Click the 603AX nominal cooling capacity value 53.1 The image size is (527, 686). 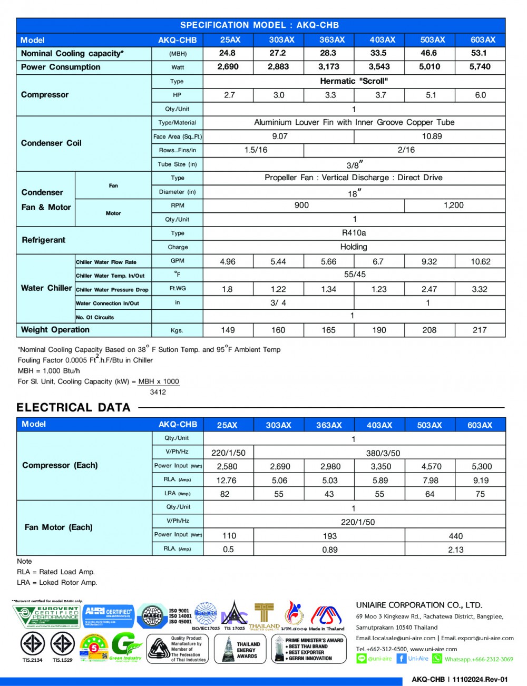(x=479, y=53)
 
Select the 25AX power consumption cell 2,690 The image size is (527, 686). (x=228, y=67)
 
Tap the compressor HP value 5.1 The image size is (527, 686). (x=431, y=95)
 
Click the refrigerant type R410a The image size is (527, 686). (x=354, y=233)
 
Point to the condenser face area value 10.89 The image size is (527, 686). (x=432, y=136)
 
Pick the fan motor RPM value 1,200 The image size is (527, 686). (x=454, y=205)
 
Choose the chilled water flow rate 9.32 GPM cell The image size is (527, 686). (x=429, y=261)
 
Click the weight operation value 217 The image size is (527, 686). (x=480, y=330)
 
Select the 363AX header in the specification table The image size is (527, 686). (x=332, y=40)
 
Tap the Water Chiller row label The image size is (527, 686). (x=46, y=288)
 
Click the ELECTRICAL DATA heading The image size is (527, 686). (x=73, y=407)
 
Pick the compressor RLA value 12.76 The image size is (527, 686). (x=227, y=481)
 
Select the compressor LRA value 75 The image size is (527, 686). (x=480, y=494)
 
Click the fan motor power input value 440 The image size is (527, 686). (x=456, y=536)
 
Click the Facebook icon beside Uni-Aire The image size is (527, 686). (x=401, y=659)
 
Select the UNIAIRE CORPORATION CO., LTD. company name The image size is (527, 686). (x=419, y=605)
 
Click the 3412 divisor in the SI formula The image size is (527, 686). (x=158, y=392)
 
